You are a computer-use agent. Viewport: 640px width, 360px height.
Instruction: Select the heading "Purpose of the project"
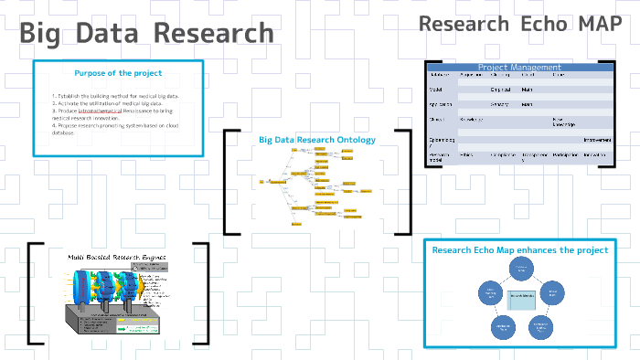point(118,73)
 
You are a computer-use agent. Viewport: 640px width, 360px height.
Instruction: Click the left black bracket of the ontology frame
point(227,182)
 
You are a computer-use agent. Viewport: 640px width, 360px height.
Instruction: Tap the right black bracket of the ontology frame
point(407,182)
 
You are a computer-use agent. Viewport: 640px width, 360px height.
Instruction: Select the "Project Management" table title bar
point(519,67)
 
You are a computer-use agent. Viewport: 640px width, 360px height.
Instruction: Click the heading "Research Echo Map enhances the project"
point(519,249)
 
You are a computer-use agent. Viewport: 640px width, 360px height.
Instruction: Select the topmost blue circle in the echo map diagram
point(520,268)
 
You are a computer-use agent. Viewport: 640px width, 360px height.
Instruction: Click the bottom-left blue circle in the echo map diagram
point(502,324)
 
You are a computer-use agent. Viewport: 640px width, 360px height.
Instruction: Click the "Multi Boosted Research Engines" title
point(116,259)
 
